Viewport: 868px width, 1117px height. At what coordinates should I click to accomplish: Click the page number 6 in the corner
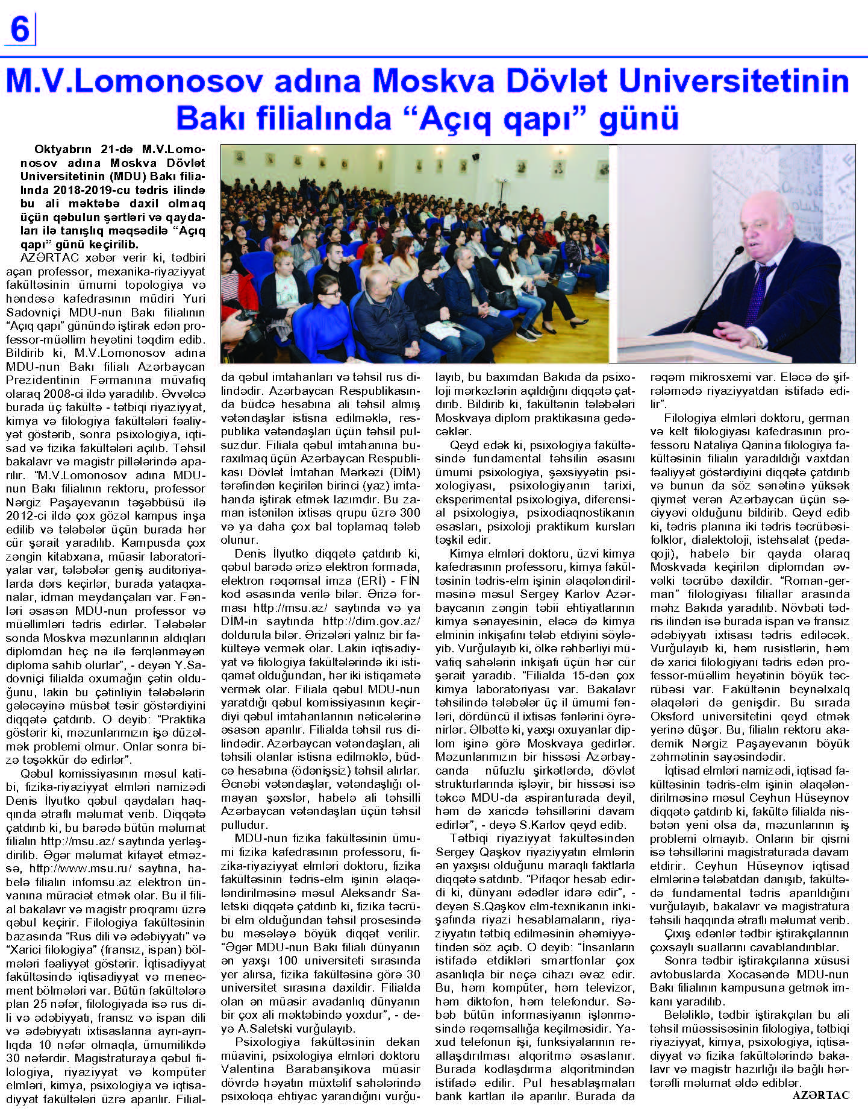[x=20, y=29]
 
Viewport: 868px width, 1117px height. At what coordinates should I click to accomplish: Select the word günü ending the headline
[x=639, y=118]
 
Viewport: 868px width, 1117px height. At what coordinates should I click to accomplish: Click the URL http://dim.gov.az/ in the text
[x=371, y=621]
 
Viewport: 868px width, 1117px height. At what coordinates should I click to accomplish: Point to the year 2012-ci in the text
[x=28, y=515]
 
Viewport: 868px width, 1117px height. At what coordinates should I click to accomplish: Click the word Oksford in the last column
[x=673, y=716]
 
